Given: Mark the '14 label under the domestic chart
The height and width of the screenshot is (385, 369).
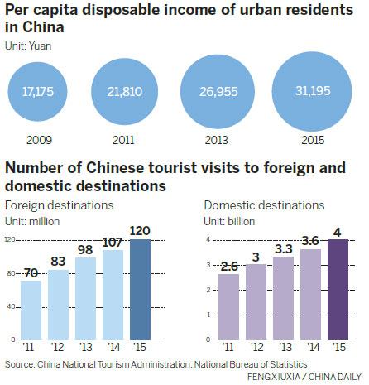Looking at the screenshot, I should tap(310, 347).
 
